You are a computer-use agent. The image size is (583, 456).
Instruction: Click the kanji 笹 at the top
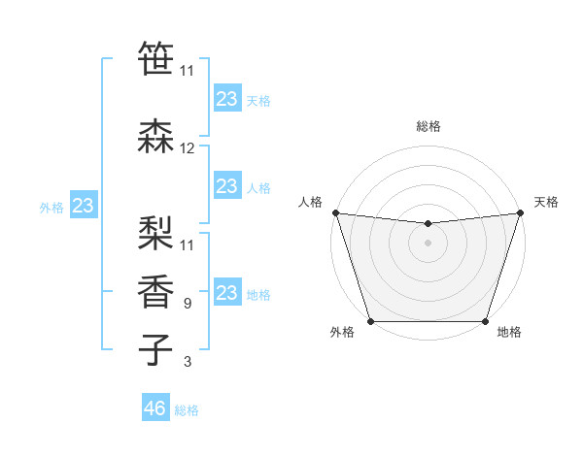click(x=155, y=56)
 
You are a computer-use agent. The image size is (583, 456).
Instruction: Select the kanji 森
click(x=155, y=136)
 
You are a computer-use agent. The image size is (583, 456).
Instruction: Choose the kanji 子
click(x=155, y=349)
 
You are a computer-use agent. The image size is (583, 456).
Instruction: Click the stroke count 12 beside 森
click(x=188, y=148)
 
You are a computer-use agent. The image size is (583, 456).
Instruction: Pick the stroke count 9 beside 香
click(x=187, y=304)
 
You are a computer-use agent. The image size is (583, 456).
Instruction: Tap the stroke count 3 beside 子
click(x=187, y=363)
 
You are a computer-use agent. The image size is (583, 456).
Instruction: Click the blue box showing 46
click(x=155, y=408)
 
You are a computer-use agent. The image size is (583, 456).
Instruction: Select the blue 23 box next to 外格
click(x=83, y=206)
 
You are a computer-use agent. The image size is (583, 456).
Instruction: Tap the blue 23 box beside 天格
click(x=226, y=99)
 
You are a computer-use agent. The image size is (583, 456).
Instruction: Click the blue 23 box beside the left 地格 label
click(x=226, y=293)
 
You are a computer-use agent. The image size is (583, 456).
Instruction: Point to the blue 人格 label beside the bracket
click(x=258, y=187)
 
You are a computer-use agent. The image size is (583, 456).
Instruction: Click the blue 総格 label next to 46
click(x=187, y=410)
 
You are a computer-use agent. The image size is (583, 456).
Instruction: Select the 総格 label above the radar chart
click(x=429, y=126)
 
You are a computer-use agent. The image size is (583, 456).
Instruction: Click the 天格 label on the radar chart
click(x=546, y=202)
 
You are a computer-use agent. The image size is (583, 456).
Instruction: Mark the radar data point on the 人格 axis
click(x=335, y=212)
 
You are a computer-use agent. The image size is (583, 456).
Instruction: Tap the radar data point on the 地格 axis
click(x=485, y=321)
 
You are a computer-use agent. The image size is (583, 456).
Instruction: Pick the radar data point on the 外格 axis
click(x=370, y=321)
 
